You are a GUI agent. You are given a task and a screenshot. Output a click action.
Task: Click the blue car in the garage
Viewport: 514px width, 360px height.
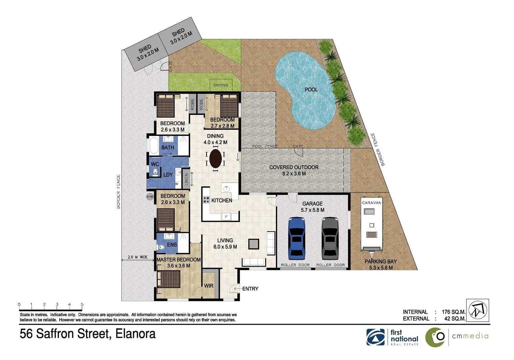point(296,238)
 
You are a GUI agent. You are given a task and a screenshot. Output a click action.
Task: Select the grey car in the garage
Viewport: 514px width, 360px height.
point(330,238)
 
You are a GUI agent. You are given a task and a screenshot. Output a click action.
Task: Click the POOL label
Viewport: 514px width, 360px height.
point(311,89)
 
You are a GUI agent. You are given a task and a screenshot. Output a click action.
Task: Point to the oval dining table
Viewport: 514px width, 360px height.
point(216,158)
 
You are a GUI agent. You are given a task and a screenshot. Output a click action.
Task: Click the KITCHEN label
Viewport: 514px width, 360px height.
point(222,200)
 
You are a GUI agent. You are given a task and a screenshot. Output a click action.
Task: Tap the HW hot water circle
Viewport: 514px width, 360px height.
point(150,197)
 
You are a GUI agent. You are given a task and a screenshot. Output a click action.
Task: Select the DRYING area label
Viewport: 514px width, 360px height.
point(221,85)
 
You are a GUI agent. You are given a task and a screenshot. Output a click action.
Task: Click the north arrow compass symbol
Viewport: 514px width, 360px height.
point(477,310)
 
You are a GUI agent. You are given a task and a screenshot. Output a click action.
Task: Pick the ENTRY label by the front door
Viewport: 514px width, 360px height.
point(250,289)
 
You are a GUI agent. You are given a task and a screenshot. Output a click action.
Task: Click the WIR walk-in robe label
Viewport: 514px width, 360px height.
point(209,286)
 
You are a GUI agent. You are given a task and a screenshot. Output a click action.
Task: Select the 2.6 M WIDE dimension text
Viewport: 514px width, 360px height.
point(138,257)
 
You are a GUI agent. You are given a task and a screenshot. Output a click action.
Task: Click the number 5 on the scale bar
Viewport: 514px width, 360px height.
point(82,304)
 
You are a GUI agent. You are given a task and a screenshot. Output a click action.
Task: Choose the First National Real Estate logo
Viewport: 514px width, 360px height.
point(392,337)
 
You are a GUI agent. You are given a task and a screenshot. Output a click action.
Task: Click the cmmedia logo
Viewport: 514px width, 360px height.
point(457,337)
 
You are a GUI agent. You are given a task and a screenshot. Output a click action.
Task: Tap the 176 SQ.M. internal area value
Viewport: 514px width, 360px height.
point(453,312)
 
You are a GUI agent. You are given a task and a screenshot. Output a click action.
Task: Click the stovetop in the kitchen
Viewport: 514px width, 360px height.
point(206,200)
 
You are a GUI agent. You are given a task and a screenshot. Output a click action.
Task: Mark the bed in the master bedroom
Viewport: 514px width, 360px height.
point(170,279)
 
